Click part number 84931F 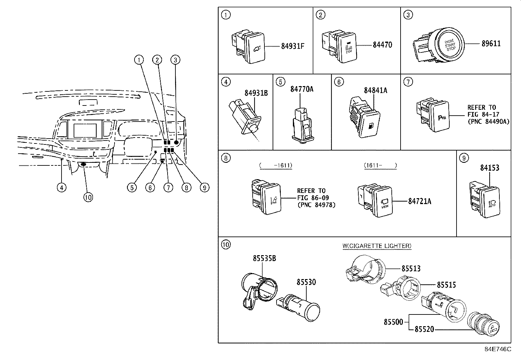coord(293,46)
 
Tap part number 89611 coord(491,44)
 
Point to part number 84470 coord(382,45)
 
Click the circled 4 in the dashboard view coord(61,187)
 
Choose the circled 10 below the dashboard coord(88,197)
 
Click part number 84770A coord(301,89)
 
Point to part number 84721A coord(419,201)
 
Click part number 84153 coord(490,168)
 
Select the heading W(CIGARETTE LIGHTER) coord(377,246)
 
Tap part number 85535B coord(264,258)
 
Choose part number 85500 coord(393,322)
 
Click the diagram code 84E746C coord(497,349)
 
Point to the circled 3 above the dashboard coord(175,60)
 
